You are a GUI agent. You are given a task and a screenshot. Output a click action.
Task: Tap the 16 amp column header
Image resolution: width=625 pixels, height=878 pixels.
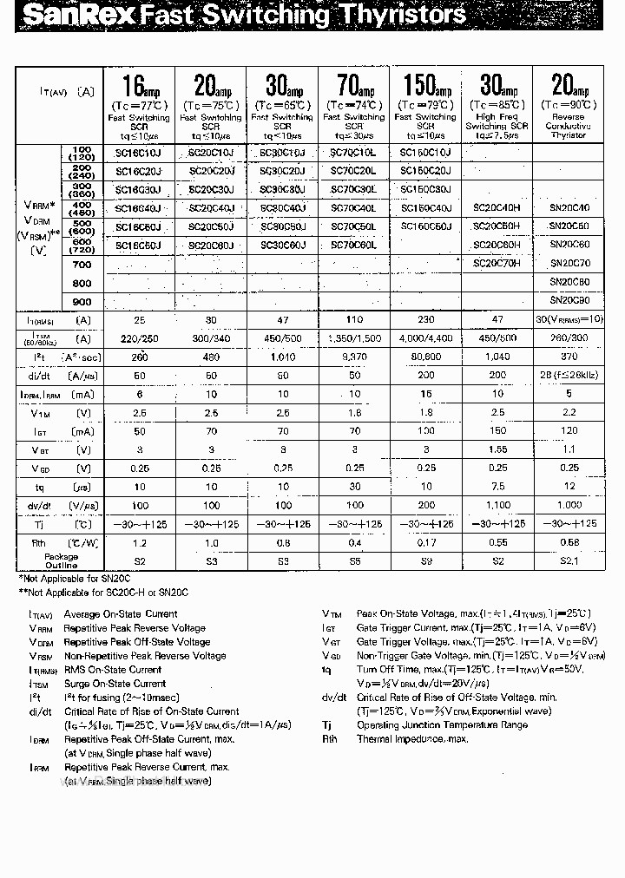coord(140,87)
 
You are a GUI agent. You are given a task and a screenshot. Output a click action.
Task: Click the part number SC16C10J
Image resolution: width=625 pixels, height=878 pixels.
coord(139,153)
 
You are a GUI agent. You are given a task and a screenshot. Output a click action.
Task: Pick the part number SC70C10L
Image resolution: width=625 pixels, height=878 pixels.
coord(353,153)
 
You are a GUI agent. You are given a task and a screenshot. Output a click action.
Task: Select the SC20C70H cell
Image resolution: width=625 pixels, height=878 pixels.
coord(497,263)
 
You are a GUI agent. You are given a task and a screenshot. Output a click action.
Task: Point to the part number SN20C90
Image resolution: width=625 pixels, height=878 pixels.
coord(569,301)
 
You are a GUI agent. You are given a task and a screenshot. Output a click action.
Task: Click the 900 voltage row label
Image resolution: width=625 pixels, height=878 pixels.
coord(82,302)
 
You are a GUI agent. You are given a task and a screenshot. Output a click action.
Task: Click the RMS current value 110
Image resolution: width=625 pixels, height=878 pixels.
coord(353,320)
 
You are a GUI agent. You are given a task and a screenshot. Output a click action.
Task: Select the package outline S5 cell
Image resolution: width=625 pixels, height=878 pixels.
coord(353,561)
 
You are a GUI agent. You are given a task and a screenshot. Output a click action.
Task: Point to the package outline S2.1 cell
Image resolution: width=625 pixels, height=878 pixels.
coord(569,561)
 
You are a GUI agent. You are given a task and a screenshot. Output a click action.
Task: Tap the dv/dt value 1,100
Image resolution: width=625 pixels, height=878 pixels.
coord(497,505)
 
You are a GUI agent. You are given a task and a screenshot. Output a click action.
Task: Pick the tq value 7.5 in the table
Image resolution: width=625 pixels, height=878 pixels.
coord(497,487)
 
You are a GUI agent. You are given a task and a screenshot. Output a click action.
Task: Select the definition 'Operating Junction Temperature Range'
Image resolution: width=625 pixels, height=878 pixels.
coord(442,724)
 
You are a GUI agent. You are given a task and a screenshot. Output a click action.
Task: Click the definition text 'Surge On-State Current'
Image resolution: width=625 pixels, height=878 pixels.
coord(112,684)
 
